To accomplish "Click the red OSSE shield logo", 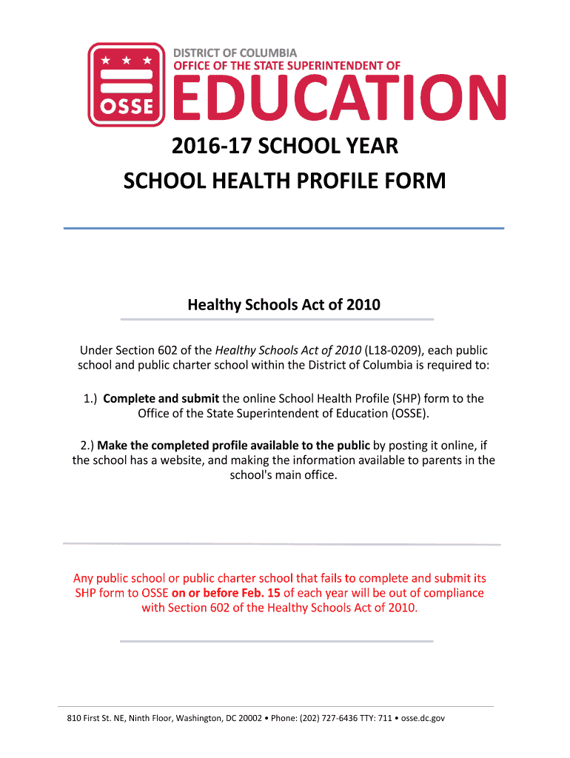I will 126,84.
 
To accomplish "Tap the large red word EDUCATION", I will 340,100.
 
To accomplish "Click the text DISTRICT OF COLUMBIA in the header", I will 235,53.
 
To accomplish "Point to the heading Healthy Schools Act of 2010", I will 284,304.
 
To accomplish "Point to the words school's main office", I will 284,475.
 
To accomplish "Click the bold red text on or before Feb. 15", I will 226,593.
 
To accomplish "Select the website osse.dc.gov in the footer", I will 423,718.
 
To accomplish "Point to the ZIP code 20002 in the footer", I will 245,718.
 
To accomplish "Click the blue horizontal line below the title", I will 284,228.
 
